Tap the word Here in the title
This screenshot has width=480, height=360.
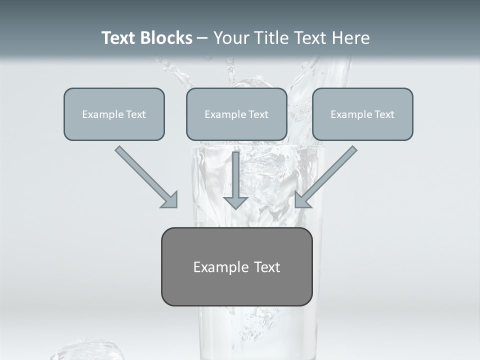click(351, 38)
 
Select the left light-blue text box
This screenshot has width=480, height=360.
click(114, 114)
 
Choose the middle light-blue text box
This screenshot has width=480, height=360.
click(236, 114)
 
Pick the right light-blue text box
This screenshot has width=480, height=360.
click(362, 114)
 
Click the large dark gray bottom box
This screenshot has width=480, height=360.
click(236, 266)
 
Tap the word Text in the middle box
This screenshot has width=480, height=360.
click(258, 114)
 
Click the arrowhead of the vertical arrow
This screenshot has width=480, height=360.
click(235, 202)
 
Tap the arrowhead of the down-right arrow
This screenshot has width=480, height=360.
click(170, 200)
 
